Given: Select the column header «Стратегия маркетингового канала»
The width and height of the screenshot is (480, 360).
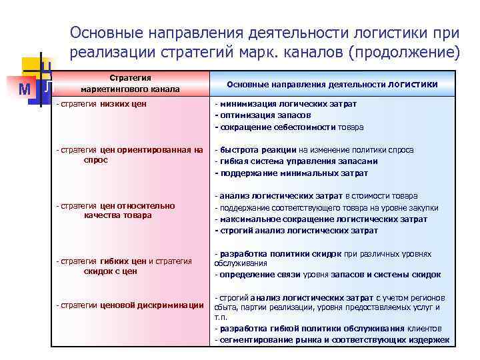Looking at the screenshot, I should pos(130,83).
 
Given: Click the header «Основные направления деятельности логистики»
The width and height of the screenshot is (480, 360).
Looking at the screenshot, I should pos(332,85).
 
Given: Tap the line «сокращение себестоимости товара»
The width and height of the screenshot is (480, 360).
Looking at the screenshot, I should pos(289,127).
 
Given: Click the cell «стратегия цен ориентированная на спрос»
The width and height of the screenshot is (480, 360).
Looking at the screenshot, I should pos(130,155).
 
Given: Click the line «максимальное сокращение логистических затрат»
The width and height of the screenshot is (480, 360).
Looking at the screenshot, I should pos(325,219).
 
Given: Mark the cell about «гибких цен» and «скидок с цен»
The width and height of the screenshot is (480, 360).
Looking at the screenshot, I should pos(125,266).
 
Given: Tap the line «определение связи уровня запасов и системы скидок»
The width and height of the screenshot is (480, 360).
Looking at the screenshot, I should pos(327,274).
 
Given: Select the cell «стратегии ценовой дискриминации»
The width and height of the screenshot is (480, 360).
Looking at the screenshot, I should pos(131,305).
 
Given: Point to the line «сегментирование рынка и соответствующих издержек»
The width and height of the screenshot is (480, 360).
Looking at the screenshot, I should pos(331,340).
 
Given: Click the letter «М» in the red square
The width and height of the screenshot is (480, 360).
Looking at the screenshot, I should pos(25,89).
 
